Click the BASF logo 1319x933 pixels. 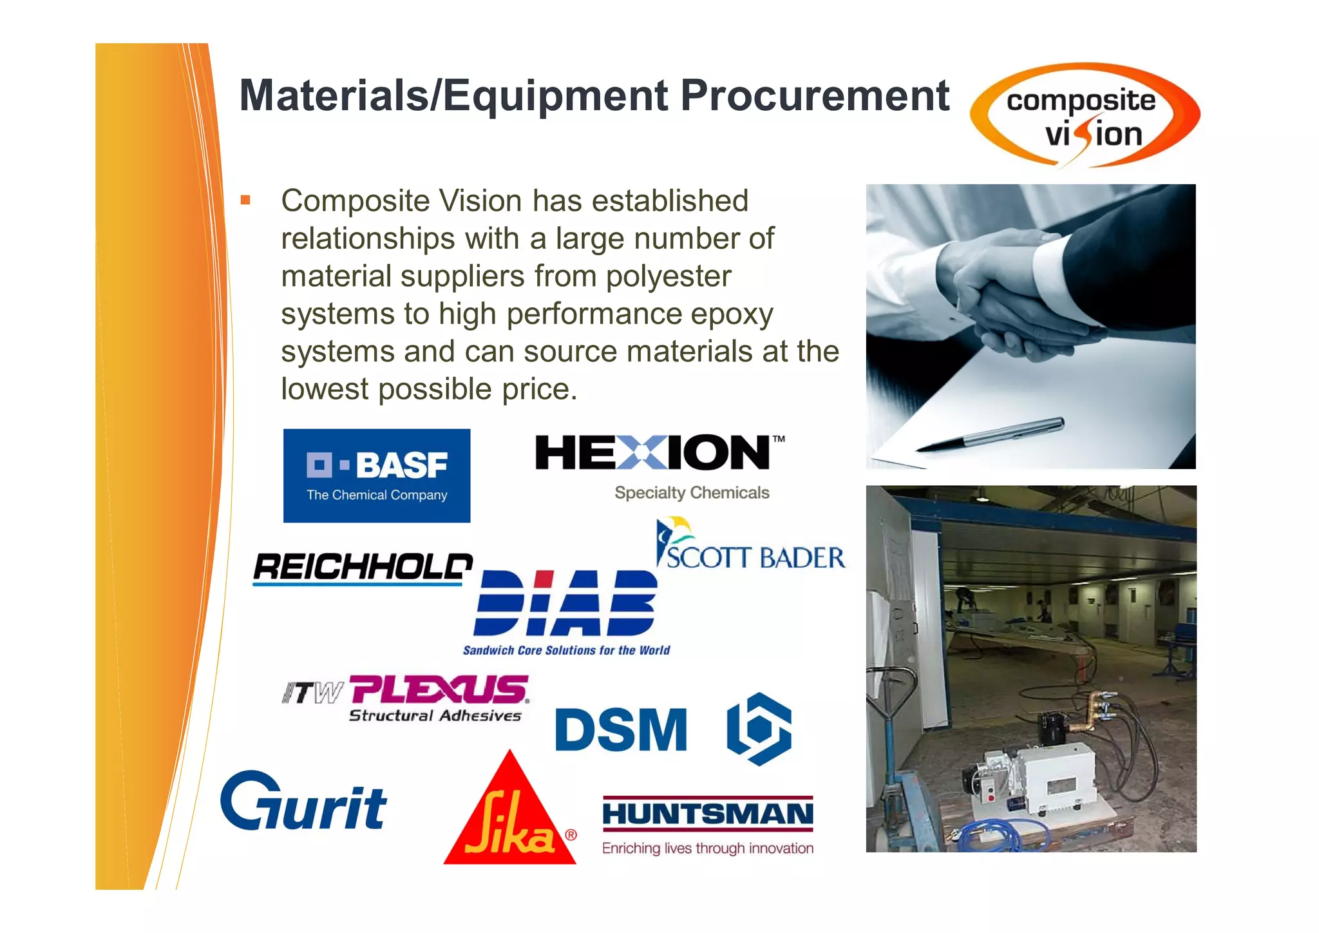377,476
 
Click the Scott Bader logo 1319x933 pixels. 750,548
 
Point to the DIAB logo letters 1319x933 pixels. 566,603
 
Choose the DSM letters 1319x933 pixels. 621,730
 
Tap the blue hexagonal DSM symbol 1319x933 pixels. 759,729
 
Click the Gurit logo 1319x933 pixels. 303,803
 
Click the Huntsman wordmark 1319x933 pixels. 708,814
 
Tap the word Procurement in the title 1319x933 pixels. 815,95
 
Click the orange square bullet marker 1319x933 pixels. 245,200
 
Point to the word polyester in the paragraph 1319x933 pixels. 668,276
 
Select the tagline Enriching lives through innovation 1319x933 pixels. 708,848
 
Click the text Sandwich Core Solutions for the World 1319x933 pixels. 566,650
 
